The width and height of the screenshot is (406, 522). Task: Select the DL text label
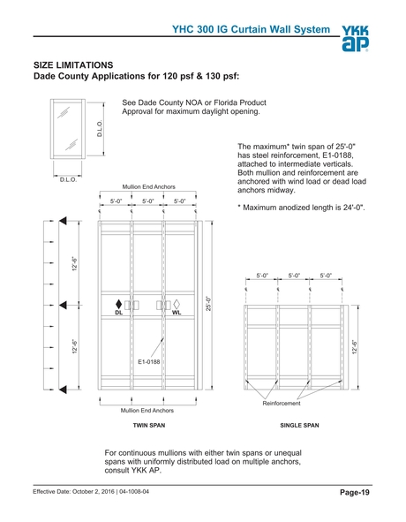tap(118, 314)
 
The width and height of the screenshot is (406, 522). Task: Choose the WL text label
tap(176, 314)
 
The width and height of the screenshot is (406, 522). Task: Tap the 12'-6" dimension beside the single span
tap(354, 347)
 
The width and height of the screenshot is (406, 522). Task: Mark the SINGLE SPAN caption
tap(299, 426)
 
